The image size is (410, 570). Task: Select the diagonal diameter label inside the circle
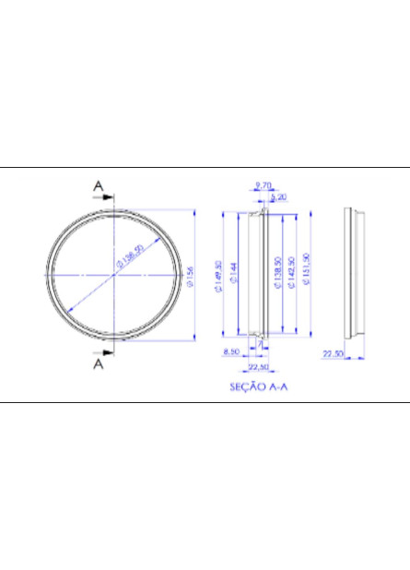[x=128, y=259]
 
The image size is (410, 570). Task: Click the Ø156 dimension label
[x=191, y=275]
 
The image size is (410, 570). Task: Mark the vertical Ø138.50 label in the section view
[x=277, y=275]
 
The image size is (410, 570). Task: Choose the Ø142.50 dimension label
[x=291, y=275]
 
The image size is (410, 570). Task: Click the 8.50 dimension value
[x=231, y=351]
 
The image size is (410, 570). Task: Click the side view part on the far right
[x=354, y=273]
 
